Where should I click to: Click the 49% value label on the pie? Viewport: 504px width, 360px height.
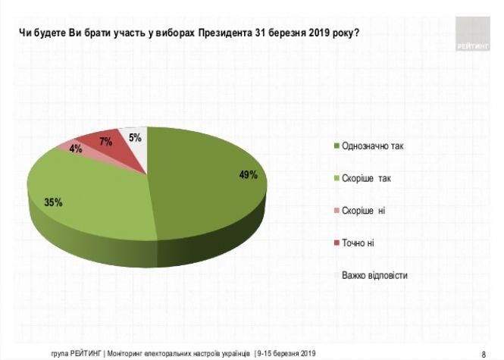point(249,175)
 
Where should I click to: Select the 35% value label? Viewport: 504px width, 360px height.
point(52,202)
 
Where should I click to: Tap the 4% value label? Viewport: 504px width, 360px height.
point(76,149)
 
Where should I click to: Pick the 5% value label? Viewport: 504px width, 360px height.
point(135,137)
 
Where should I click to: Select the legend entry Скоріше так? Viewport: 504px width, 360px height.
point(367,178)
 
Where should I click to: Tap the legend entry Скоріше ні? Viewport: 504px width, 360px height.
point(364,210)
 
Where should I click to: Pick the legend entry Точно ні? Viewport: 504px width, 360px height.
point(359,243)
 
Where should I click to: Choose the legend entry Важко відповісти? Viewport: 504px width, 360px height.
point(374,275)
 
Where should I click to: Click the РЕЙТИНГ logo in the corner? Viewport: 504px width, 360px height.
point(473,34)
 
